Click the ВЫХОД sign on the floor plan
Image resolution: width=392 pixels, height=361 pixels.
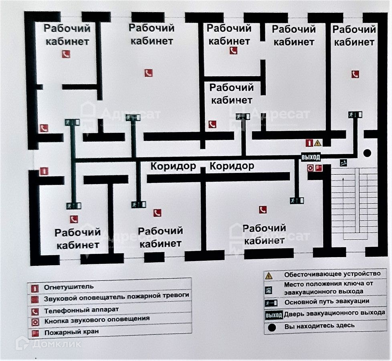pyautogui.click(x=311, y=157)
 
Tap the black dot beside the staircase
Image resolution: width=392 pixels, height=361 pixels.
pyautogui.click(x=367, y=153)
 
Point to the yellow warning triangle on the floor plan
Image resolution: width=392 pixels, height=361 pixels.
pyautogui.click(x=317, y=142)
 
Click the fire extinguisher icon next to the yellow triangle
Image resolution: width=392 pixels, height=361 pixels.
pyautogui.click(x=309, y=142)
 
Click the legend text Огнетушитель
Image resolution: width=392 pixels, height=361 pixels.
pyautogui.click(x=69, y=287)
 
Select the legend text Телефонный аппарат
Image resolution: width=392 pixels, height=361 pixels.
pyautogui.click(x=81, y=310)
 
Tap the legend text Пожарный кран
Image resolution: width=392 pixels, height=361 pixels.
pyautogui.click(x=71, y=333)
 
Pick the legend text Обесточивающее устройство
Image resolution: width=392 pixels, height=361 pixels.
pyautogui.click(x=332, y=274)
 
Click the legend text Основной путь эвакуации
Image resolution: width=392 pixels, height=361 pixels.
pyautogui.click(x=327, y=302)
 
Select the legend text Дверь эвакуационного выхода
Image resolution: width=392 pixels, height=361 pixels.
pyautogui.click(x=335, y=313)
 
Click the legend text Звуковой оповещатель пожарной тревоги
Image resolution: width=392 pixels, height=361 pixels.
pyautogui.click(x=116, y=296)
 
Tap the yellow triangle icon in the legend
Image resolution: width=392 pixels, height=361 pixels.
pyautogui.click(x=269, y=276)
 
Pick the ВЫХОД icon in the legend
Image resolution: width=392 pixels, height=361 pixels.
pyautogui.click(x=273, y=314)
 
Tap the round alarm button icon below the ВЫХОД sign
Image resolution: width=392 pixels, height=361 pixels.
pyautogui.click(x=310, y=168)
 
